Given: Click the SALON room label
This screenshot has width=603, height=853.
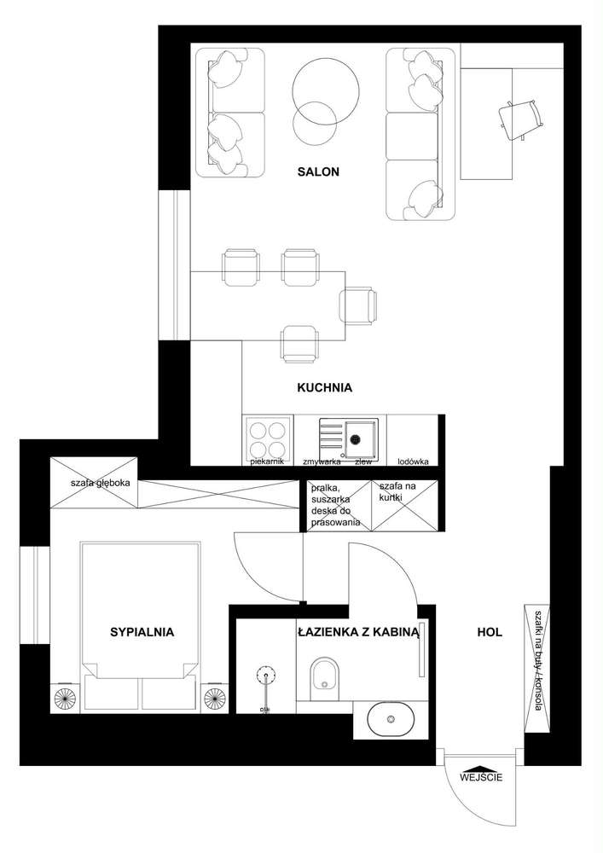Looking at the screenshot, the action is pos(318,172).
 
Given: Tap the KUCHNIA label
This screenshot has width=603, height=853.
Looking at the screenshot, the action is pos(325,388).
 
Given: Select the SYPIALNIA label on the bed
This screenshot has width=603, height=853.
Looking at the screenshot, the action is pos(142,632).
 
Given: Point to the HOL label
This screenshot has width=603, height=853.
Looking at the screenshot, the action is pos(490,632).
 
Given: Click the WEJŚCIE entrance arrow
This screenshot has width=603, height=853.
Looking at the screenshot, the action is pos(481,765).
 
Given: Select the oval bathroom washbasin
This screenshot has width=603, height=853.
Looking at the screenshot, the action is pos(391,719).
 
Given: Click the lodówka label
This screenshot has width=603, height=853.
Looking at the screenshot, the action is pos(414,461).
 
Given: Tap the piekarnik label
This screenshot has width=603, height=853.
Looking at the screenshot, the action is pos(268,461).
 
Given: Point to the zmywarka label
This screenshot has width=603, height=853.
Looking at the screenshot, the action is pos(322,461).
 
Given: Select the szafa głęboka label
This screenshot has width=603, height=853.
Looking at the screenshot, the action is pos(100,483).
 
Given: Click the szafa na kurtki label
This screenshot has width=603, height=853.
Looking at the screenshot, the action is pos(397,491).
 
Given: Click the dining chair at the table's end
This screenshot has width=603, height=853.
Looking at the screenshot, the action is pos(358,305).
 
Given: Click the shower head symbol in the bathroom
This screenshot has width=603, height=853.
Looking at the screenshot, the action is pos(266,676).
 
